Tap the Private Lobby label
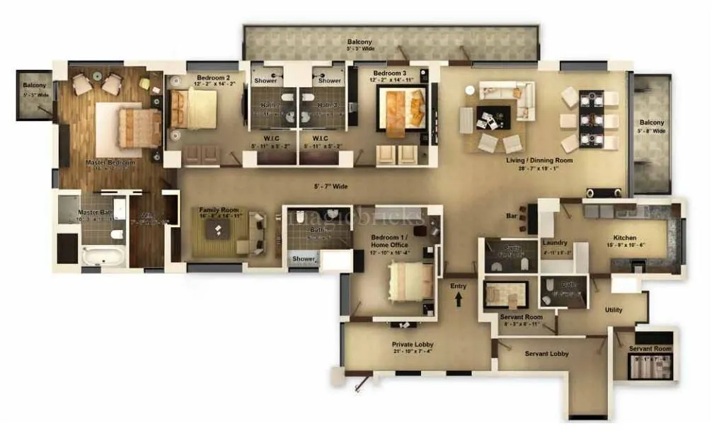(412, 345)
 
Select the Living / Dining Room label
(539, 161)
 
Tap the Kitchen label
(625, 238)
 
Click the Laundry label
(555, 243)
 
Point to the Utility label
(614, 310)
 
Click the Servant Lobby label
(546, 353)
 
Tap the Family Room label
(219, 210)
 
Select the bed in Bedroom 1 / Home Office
(409, 281)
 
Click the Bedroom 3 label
(391, 74)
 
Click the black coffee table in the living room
(494, 115)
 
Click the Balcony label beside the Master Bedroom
(34, 86)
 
